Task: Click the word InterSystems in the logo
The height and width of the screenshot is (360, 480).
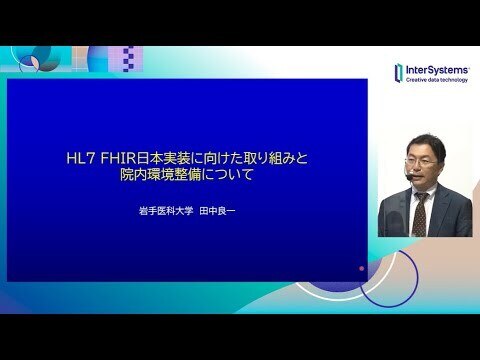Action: pyautogui.click(x=437, y=70)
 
